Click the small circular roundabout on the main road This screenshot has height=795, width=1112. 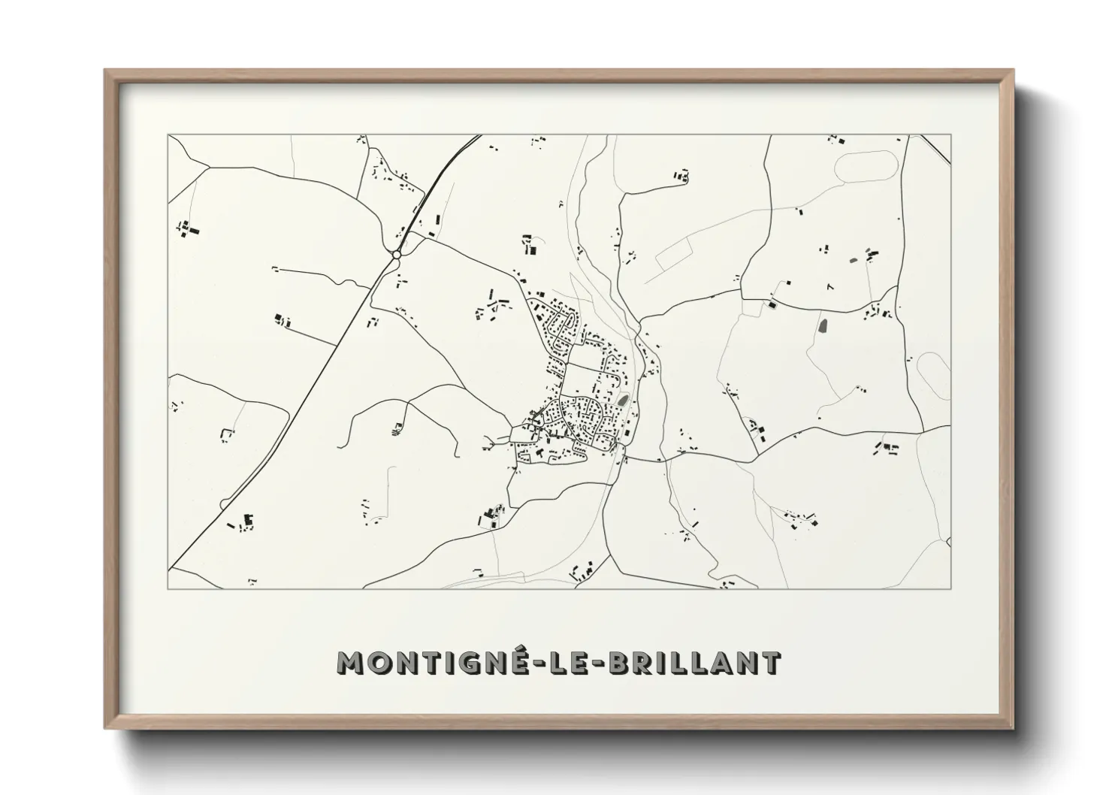coord(396,255)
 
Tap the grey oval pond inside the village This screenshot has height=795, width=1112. coord(622,401)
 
